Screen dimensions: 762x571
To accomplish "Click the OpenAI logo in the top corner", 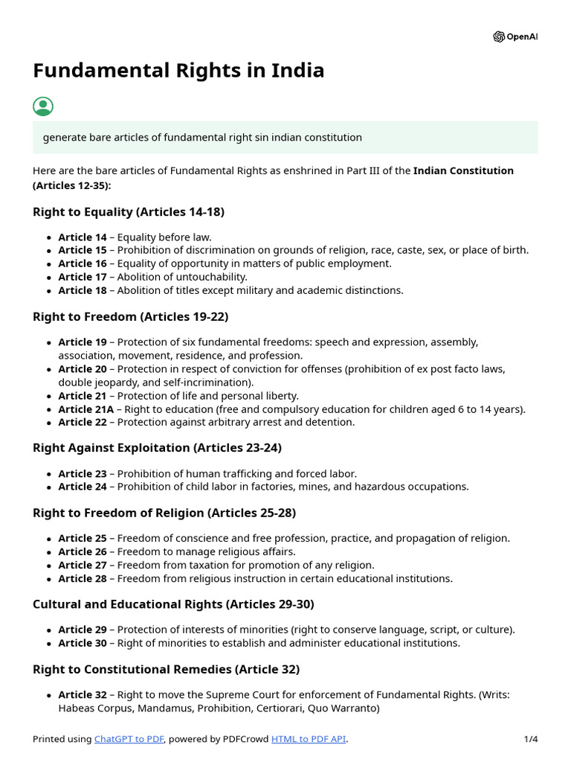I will [x=514, y=36].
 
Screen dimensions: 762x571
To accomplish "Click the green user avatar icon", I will [x=43, y=106].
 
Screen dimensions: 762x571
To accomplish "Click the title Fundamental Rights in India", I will [x=178, y=71].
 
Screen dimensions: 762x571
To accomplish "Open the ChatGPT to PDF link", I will [x=129, y=739].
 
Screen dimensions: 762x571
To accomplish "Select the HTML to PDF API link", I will [x=309, y=739].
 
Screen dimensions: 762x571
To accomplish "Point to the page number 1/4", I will [x=530, y=739].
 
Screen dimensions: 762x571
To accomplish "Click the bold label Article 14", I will [x=83, y=237].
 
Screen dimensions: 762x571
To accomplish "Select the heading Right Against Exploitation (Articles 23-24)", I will [x=157, y=448].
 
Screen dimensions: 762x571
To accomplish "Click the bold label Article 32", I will [x=83, y=695].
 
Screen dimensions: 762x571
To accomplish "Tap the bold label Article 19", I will [x=83, y=342].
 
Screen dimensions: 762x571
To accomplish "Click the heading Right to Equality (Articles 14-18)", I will [x=129, y=212].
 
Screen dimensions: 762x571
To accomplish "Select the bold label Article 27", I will [x=83, y=565].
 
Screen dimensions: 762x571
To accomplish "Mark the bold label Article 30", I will [x=83, y=643].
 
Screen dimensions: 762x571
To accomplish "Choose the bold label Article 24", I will [x=83, y=487].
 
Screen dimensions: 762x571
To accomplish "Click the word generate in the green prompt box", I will [x=65, y=138].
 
